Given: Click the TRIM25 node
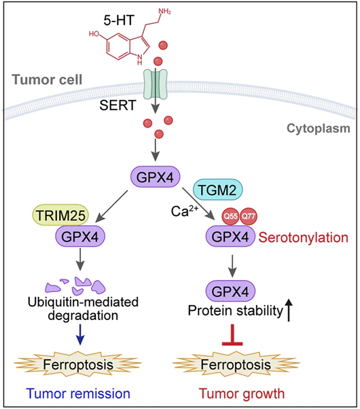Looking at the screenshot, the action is point(60,215).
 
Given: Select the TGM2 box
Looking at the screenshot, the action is point(217,190).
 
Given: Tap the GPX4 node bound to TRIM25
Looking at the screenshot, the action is point(80,236).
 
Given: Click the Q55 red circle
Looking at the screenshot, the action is point(231,216).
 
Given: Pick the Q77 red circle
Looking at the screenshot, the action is point(249,216).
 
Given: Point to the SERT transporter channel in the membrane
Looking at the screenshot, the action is point(156,84).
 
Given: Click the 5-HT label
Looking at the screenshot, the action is point(119,20).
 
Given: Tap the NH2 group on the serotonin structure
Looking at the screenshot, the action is point(164,12).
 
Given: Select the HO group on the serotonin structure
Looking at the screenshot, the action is point(94,34).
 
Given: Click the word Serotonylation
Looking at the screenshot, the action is point(304,238).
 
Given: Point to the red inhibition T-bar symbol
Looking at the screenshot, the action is point(232,335).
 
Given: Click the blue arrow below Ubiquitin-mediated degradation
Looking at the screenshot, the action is point(80,334).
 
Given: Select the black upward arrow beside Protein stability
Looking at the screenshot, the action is point(289,310).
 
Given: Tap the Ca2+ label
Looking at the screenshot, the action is point(185,211).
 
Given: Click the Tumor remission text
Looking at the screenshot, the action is point(78,393).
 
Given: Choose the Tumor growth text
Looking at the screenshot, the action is point(242,393).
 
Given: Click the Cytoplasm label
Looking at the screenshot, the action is point(319,128).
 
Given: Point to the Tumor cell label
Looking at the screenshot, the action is point(47,79).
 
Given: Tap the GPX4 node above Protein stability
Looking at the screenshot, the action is point(231,291).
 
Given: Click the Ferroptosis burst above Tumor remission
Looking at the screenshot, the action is point(77,364).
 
